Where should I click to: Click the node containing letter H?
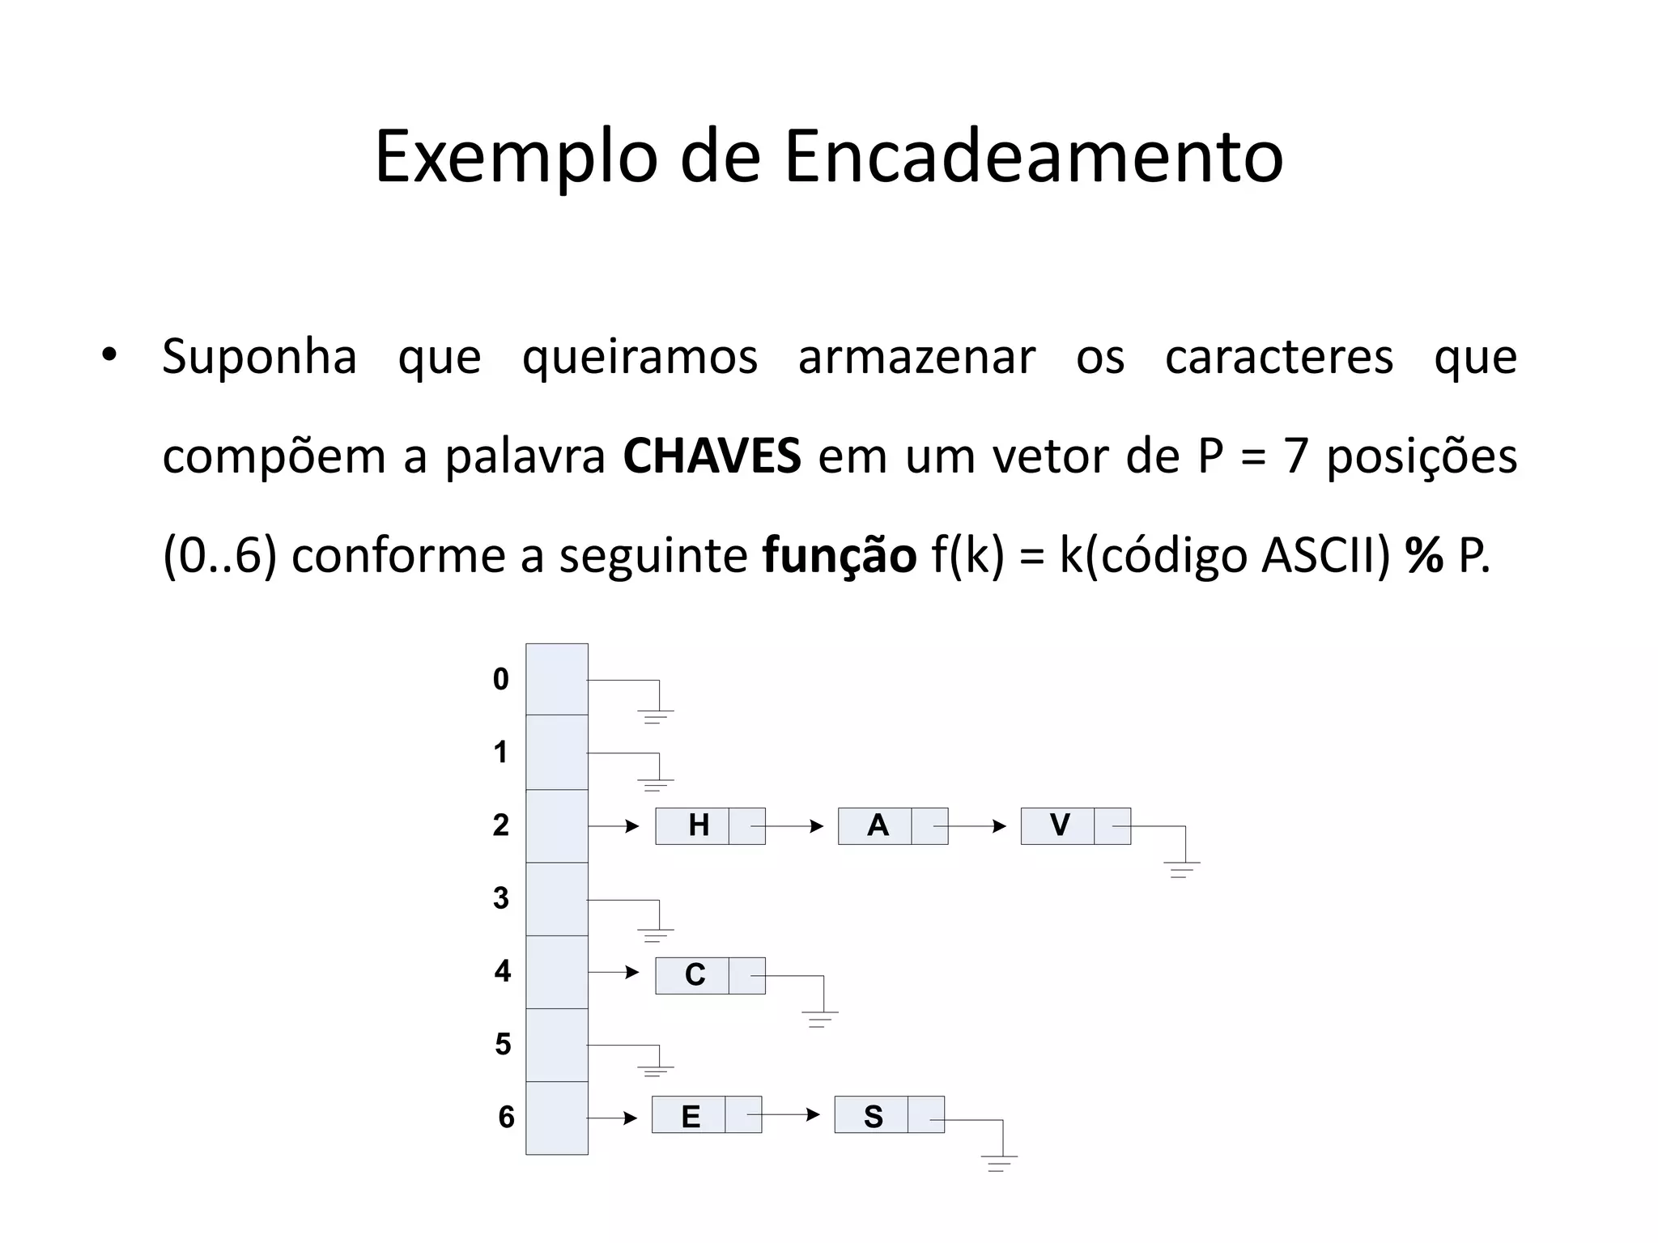709,826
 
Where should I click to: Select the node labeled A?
892,826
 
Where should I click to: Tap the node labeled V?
1075,826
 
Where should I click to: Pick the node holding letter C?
709,975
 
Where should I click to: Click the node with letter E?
706,1114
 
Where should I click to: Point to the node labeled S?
889,1114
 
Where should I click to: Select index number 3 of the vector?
501,898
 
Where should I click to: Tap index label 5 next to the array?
503,1045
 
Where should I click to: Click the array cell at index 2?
557,826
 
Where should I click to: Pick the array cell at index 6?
557,1118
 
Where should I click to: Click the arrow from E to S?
784,1114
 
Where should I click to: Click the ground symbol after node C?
819,1018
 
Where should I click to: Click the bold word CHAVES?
712,456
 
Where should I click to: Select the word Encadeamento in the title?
1033,156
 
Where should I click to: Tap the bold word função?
839,556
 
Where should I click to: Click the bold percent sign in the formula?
1424,556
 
